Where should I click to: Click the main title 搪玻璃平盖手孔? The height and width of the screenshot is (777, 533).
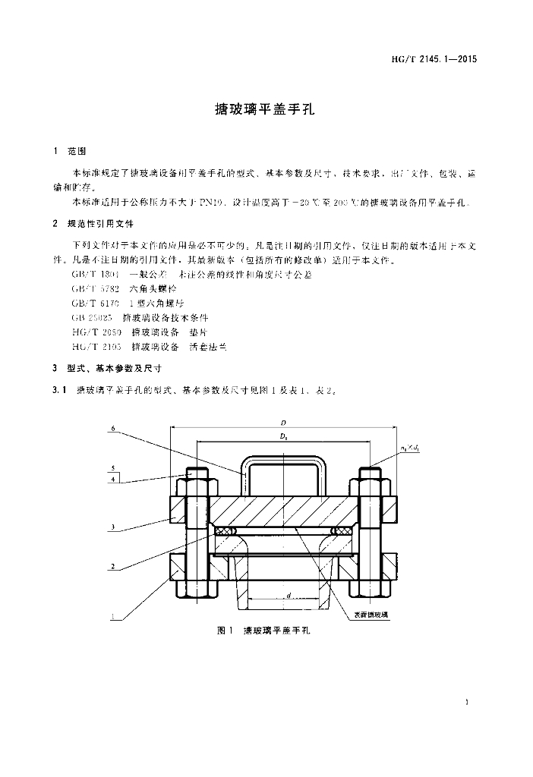(266, 109)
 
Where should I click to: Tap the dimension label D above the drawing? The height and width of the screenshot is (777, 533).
(282, 422)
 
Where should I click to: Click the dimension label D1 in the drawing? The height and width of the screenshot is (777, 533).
(282, 437)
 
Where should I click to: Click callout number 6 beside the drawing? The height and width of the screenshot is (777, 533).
(112, 429)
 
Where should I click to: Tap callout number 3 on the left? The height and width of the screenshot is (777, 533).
(112, 527)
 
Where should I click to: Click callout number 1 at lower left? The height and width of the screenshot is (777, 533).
(112, 617)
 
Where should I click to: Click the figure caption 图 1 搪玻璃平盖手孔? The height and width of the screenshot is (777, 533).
(265, 631)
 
